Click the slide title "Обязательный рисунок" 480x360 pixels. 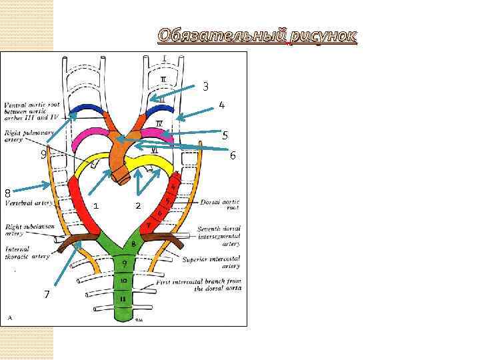click(x=257, y=35)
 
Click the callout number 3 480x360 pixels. click(x=206, y=87)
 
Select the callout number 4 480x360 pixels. click(x=221, y=105)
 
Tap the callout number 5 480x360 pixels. click(x=225, y=135)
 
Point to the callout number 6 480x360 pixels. click(x=233, y=155)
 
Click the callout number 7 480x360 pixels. click(x=47, y=294)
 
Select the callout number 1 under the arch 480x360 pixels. click(x=96, y=205)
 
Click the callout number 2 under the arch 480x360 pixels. click(x=137, y=205)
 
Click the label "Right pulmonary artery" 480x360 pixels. click(x=23, y=137)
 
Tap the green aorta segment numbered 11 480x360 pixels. click(x=125, y=299)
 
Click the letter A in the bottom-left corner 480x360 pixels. click(x=9, y=318)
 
